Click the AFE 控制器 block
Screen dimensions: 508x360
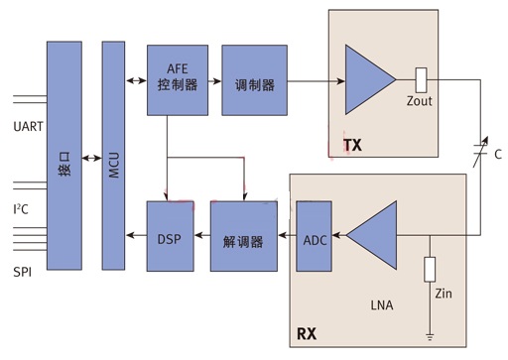pos(178,80)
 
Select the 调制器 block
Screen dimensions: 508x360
pos(254,80)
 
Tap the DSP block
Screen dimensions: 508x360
pos(170,236)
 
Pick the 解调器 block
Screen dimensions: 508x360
pos(244,236)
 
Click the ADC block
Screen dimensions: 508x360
pos(314,236)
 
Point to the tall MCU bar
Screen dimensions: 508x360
pos(113,156)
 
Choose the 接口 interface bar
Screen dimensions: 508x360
pos(64,156)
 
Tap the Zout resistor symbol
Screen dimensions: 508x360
pos(421,80)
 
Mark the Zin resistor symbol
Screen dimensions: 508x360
pos(430,269)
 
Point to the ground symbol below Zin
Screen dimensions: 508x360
pos(430,337)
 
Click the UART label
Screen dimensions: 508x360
pos(28,126)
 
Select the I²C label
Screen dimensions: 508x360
pos(21,209)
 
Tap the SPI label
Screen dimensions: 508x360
pos(23,272)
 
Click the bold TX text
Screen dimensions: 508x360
pos(352,145)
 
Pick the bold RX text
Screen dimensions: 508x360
pos(307,333)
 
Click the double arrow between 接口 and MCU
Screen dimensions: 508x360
pos(92,159)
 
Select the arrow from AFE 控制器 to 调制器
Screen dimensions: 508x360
pos(215,81)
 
